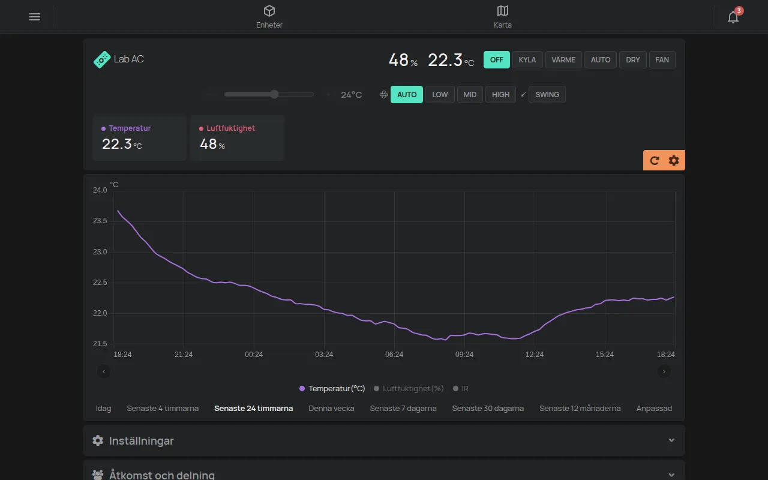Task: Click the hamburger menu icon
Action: coord(35,17)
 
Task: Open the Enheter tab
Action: coord(269,17)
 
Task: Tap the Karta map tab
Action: coord(503,17)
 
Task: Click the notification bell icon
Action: coord(733,17)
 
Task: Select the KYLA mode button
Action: coord(527,59)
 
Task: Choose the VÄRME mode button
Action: coord(563,59)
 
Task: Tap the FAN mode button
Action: coord(662,59)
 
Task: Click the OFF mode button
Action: coord(496,59)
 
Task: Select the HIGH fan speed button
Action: coord(500,94)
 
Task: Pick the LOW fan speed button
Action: coord(440,94)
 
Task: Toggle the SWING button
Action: coord(547,94)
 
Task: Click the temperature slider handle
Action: coord(274,94)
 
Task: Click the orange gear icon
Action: coord(674,160)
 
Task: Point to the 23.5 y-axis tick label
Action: coord(100,221)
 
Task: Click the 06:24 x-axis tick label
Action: coord(394,355)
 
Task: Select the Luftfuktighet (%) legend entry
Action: coord(409,388)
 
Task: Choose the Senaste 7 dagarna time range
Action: coord(403,409)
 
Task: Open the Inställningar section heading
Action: coord(141,440)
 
